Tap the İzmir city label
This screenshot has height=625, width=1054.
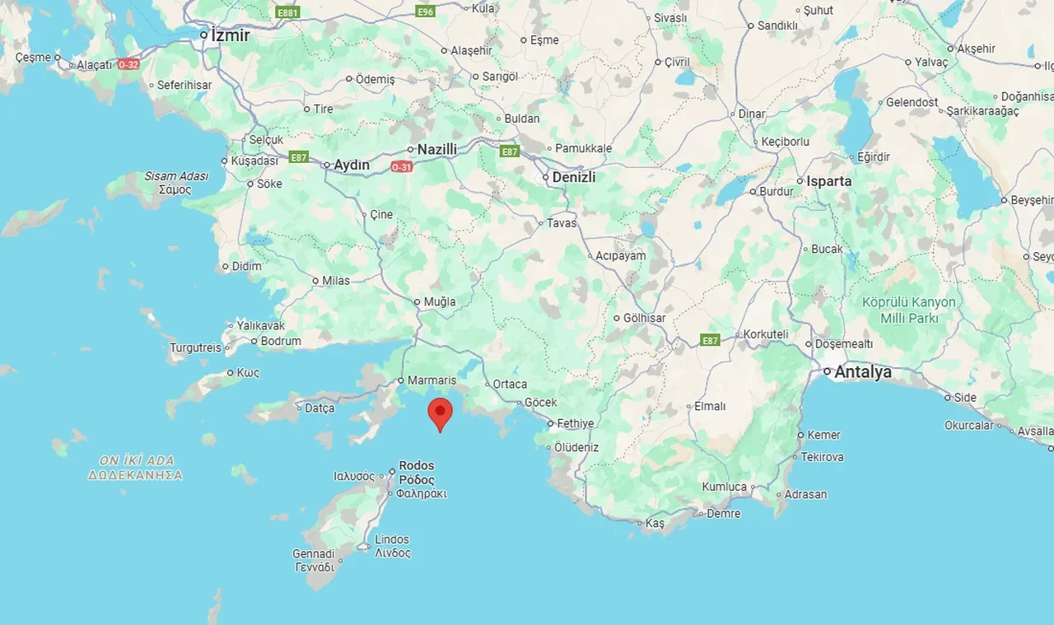coord(230,35)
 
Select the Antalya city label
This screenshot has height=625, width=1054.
coord(862,372)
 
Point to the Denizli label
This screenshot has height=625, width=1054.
coord(573,177)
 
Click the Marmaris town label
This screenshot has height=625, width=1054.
coord(431,380)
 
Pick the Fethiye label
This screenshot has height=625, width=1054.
coord(575,423)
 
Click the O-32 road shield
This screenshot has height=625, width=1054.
coord(128,63)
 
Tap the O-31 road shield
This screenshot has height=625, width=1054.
coord(401,167)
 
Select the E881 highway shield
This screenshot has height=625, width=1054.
coord(288,12)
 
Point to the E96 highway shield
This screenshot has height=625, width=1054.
coord(425,12)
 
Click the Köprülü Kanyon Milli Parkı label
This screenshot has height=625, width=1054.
coord(909,310)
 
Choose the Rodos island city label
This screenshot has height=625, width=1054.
coord(417,472)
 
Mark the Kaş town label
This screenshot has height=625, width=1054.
coord(655,523)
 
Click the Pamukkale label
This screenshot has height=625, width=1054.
coord(584,148)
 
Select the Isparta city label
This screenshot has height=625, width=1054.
coord(828,181)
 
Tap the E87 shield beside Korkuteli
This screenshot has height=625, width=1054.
coord(710,339)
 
